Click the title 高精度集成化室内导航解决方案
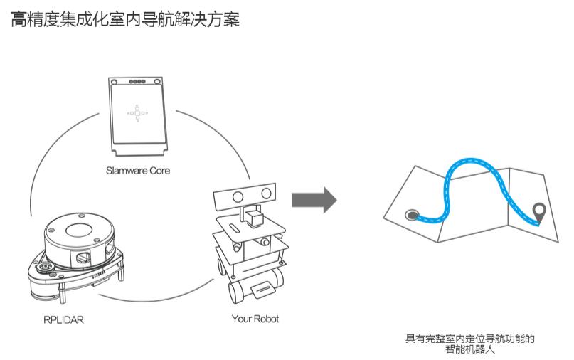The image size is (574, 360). click(125, 20)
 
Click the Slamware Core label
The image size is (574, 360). click(138, 171)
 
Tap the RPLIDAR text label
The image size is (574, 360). click(63, 319)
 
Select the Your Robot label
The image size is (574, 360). click(255, 319)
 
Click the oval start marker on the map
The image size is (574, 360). click(410, 213)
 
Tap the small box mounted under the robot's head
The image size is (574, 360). click(253, 215)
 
